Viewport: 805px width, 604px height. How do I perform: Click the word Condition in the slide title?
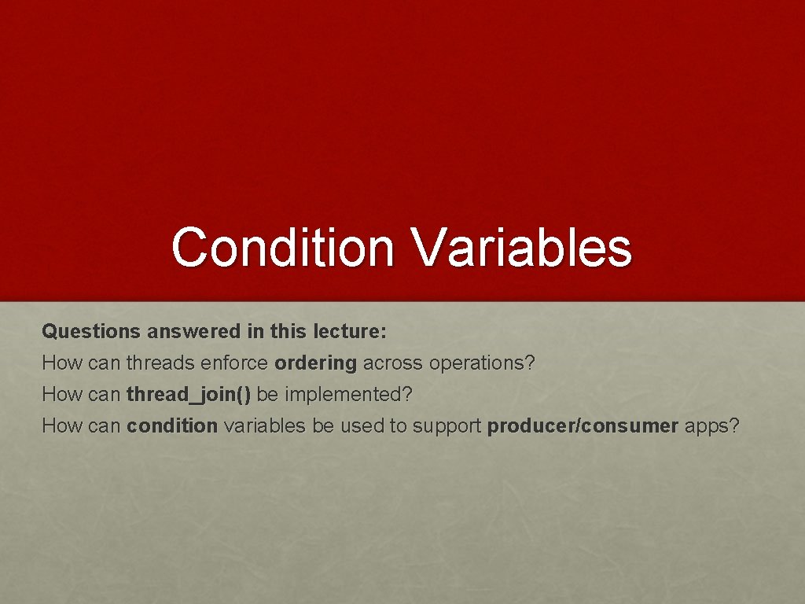(x=283, y=247)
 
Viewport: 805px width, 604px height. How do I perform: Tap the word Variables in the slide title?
(x=522, y=247)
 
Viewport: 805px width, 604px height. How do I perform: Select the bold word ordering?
(x=315, y=363)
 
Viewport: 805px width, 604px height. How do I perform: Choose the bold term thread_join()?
(x=189, y=395)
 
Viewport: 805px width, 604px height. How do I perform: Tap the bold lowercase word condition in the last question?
(x=171, y=426)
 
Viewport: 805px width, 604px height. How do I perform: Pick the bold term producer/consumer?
(x=583, y=426)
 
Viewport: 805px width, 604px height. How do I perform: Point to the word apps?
(x=712, y=426)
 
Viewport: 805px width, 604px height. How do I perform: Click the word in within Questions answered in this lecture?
(x=255, y=332)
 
